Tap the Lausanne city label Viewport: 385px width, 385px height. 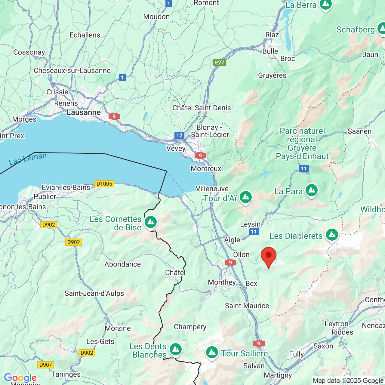point(84,112)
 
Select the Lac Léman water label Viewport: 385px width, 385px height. point(28,159)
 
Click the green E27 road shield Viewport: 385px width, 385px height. point(220,63)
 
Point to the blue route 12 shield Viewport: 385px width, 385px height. point(179,135)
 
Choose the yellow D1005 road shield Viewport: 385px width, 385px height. point(104,184)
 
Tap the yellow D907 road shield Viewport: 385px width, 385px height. point(46,365)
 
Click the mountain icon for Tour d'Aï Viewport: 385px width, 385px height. point(246,197)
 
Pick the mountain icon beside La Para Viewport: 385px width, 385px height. point(312,190)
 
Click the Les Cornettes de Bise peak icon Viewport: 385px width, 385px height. point(151,222)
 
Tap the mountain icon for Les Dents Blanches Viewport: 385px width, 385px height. point(175,350)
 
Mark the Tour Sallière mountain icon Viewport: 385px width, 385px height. point(212,352)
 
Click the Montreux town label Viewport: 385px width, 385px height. point(206,169)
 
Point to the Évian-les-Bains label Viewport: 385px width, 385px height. point(66,187)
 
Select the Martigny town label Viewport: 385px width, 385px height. point(278,375)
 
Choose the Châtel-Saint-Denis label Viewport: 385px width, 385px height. point(202,108)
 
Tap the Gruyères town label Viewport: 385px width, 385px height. point(272,75)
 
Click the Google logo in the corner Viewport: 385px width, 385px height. point(20,378)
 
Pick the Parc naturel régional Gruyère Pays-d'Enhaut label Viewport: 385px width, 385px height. point(302,144)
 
